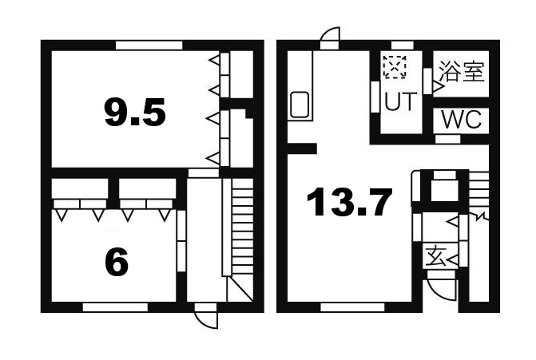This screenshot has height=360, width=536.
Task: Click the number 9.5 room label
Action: (135, 112)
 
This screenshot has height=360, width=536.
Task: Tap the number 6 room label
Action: (117, 262)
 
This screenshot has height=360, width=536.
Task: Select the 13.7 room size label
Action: (349, 202)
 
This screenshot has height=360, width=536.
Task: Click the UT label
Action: (401, 101)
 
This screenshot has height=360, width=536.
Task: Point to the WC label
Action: (461, 119)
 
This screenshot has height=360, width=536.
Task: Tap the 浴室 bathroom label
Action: (462, 71)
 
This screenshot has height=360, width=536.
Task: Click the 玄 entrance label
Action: (435, 256)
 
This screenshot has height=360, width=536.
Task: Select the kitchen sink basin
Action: (300, 105)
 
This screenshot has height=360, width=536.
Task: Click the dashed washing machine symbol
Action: (395, 67)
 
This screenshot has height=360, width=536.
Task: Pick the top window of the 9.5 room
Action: (149, 45)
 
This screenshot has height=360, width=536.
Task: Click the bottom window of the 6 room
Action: (115, 307)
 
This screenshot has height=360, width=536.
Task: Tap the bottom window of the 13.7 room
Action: (352, 307)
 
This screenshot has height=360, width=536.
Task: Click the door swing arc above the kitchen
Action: (329, 32)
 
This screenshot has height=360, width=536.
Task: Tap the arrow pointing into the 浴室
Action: (439, 87)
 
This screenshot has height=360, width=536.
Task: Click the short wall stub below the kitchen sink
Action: (302, 148)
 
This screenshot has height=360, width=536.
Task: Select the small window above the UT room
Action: (403, 45)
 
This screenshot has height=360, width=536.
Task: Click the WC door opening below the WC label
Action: (447, 139)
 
